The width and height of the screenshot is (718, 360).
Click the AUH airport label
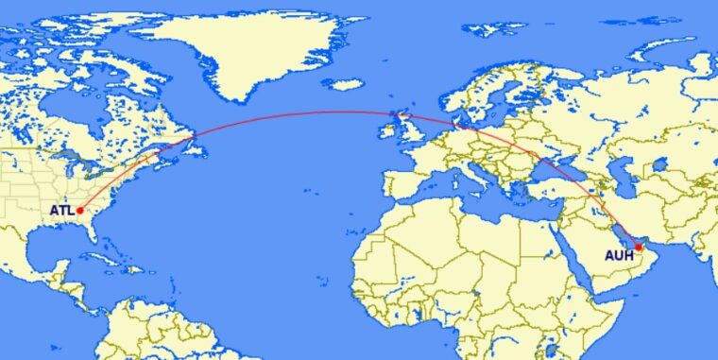(x=619, y=255)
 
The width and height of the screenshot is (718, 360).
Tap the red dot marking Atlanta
(x=80, y=210)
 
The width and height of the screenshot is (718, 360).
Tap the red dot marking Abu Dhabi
(x=640, y=247)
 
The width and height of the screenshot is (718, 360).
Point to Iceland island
(x=348, y=85)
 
